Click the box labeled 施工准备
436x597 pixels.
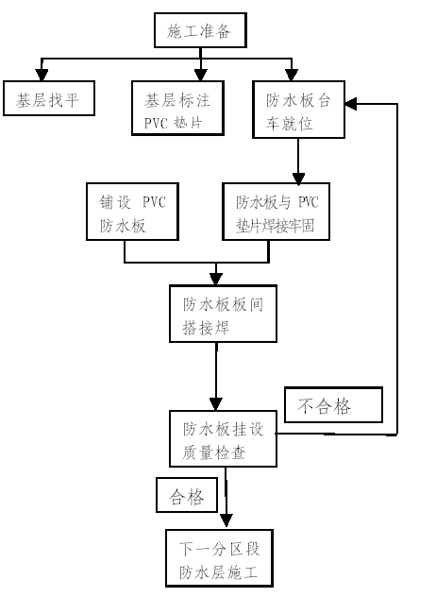pyautogui.click(x=200, y=30)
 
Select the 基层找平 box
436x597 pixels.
pyautogui.click(x=49, y=98)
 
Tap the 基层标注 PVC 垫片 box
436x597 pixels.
pyautogui.click(x=177, y=108)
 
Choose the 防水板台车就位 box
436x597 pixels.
pyautogui.click(x=298, y=110)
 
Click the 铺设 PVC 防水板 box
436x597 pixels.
pyautogui.click(x=132, y=212)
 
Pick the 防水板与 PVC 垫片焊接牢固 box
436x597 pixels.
pyautogui.click(x=276, y=212)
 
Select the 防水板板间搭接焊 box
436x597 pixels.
pyautogui.click(x=223, y=314)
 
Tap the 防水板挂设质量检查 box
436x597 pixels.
pyautogui.click(x=223, y=438)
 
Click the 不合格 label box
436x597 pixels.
pyautogui.click(x=334, y=404)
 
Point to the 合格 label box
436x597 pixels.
pyautogui.click(x=187, y=495)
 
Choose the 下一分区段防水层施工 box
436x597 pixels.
pyautogui.click(x=219, y=558)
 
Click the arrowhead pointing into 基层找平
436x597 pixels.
pyautogui.click(x=42, y=75)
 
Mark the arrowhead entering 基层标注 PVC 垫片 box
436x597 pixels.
pyautogui.click(x=200, y=75)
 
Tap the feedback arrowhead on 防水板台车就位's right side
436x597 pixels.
pyautogui.click(x=351, y=104)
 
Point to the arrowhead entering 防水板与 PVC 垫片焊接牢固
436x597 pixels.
pyautogui.click(x=298, y=179)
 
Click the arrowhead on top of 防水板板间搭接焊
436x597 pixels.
pyautogui.click(x=216, y=279)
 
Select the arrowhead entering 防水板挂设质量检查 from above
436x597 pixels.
pyautogui.click(x=216, y=404)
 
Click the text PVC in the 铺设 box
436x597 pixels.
pyautogui.click(x=154, y=202)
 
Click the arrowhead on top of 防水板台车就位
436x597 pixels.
pyautogui.click(x=292, y=75)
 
